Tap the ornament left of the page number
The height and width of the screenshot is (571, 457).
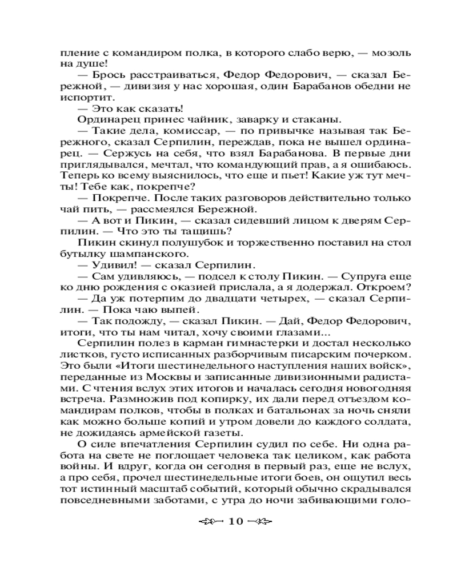tap(210, 522)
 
